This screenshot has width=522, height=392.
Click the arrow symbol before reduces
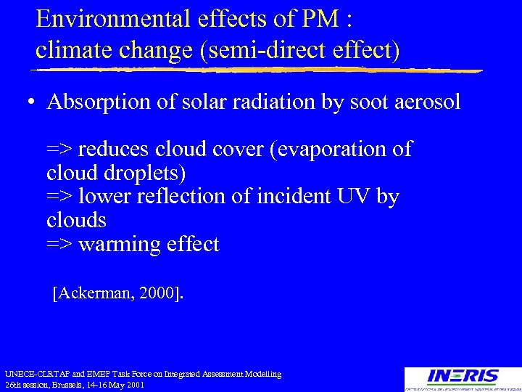tap(59, 150)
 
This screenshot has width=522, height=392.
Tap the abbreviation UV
tap(354, 197)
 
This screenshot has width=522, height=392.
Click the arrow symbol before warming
tap(59, 245)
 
